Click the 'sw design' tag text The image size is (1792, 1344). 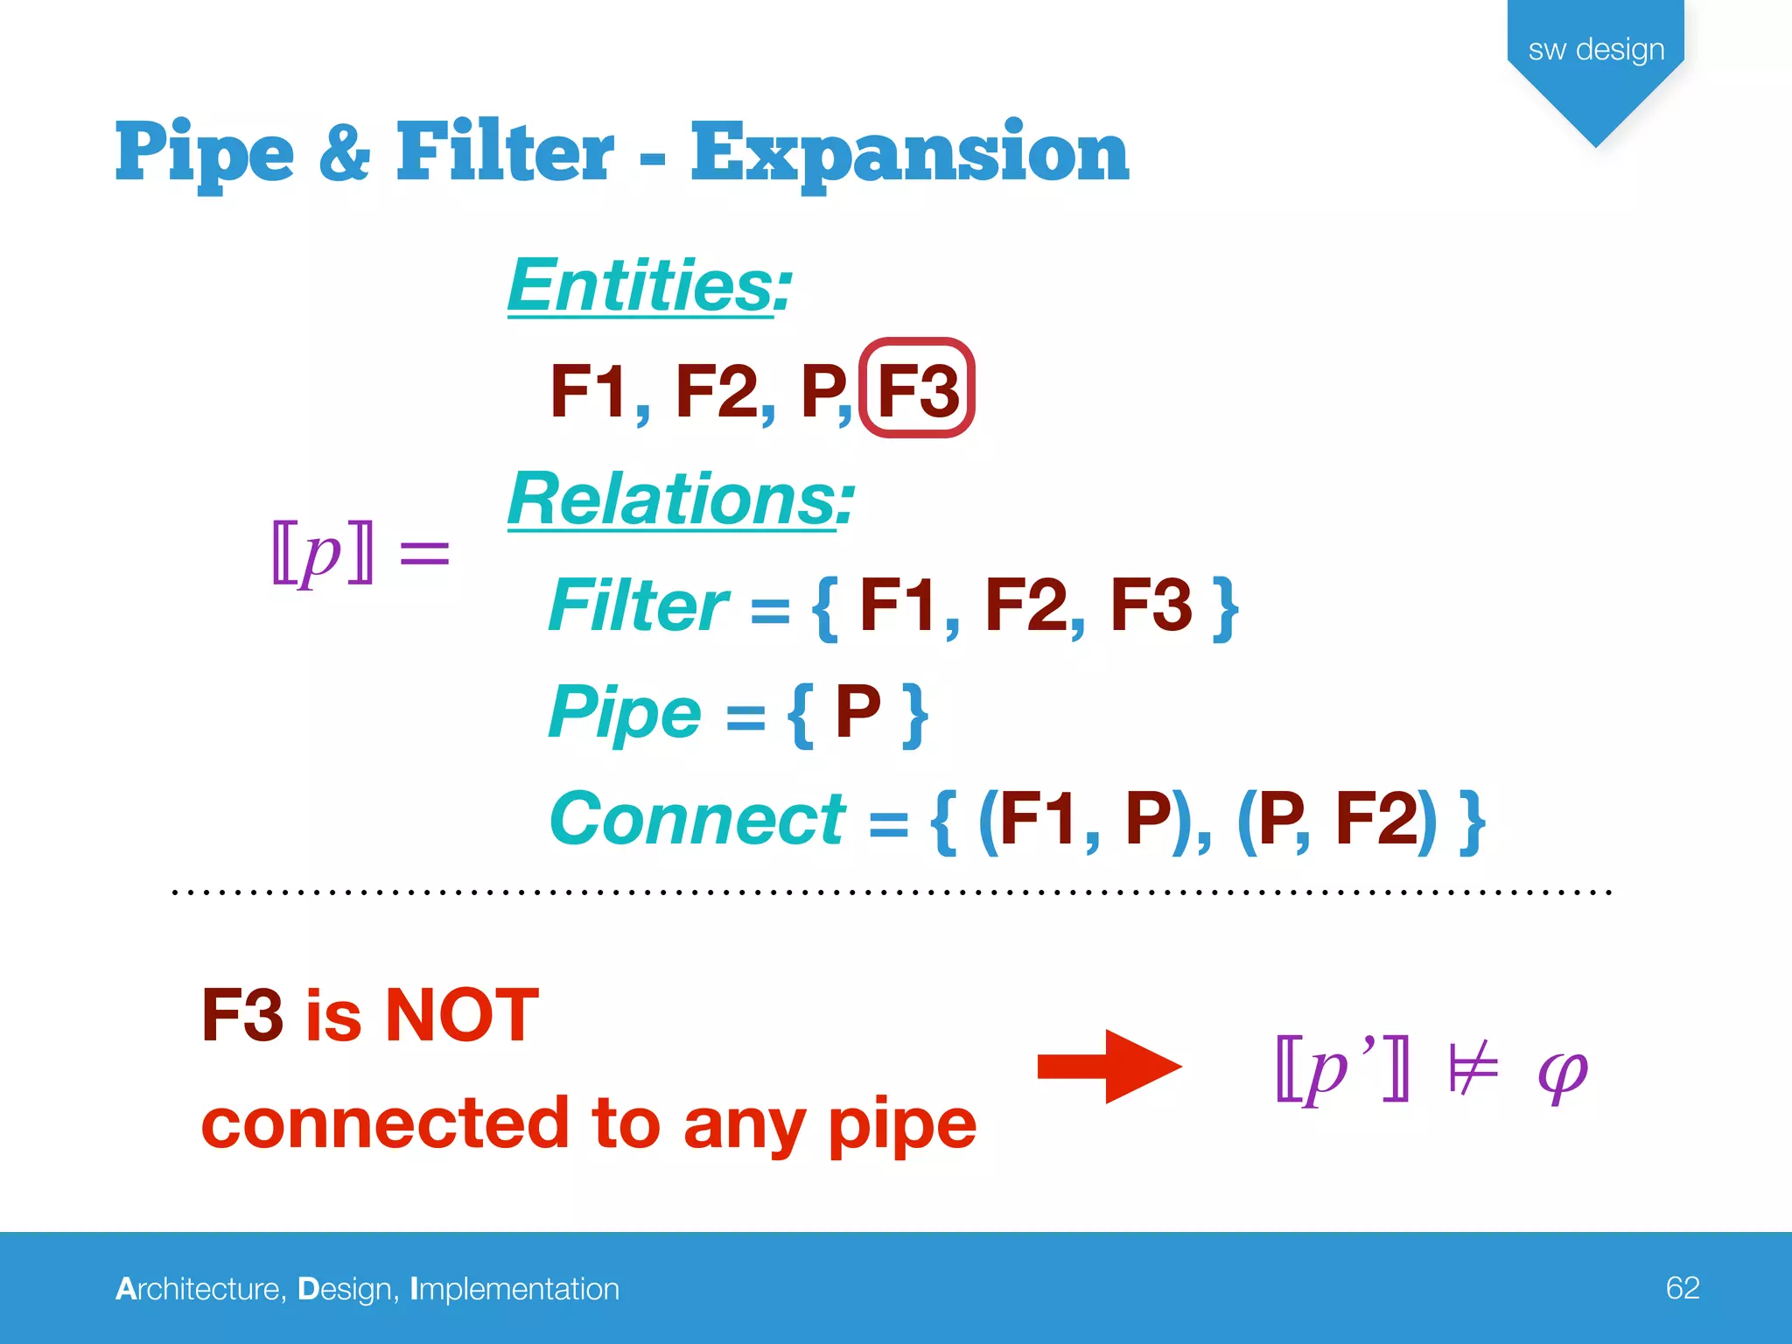[x=1596, y=49]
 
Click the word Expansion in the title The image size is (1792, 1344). [x=910, y=154]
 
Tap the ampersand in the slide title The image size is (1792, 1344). [x=345, y=152]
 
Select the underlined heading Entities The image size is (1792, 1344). [x=648, y=286]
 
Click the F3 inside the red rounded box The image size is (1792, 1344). [x=917, y=389]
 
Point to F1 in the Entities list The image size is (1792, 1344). [x=588, y=391]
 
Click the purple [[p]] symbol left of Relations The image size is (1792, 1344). [x=323, y=552]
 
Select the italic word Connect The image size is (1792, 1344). [x=697, y=819]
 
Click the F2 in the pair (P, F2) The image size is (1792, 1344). [x=1376, y=819]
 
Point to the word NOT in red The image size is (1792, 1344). [x=462, y=1015]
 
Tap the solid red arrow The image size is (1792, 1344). [x=1109, y=1067]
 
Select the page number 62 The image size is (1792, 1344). [x=1682, y=1288]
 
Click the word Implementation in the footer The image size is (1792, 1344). [x=514, y=1289]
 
